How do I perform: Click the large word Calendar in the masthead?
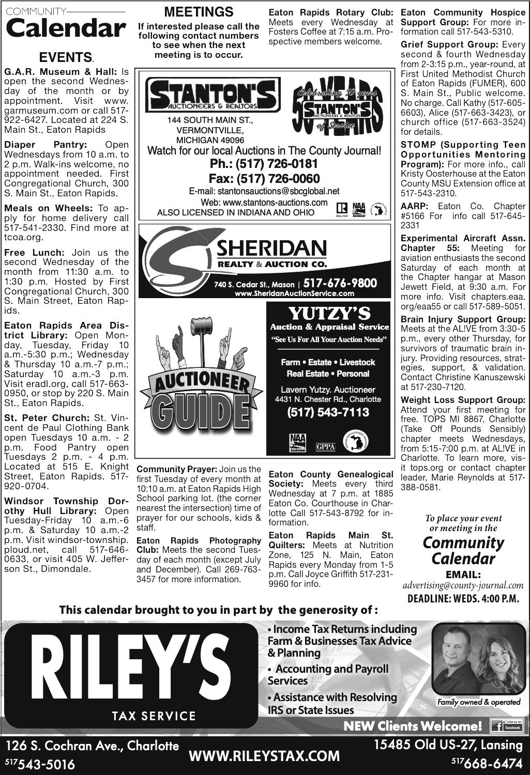pos(65,28)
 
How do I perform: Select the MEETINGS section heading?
pos(199,11)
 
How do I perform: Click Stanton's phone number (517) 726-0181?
pos(264,164)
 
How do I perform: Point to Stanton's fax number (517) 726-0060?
pos(264,179)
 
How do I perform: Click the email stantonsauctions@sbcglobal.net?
pos(264,191)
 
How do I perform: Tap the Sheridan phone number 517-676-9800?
pos(340,283)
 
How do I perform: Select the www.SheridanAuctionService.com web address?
pos(294,293)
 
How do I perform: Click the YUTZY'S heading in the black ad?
pos(329,313)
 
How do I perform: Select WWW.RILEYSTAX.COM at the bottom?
pos(264,756)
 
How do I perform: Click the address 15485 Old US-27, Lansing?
pos(448,745)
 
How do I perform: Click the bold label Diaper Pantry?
pos(46,145)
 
